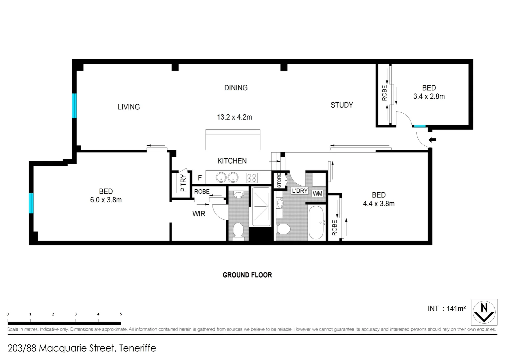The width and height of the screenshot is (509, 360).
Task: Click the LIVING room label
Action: click(x=129, y=107)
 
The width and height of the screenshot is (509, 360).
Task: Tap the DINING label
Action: click(x=236, y=88)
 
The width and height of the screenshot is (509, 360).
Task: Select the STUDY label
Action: click(x=341, y=105)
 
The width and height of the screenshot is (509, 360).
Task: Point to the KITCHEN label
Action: click(x=232, y=161)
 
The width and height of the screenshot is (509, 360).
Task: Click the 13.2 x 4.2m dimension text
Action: click(x=234, y=117)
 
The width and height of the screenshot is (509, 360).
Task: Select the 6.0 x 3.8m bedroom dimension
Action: click(x=106, y=200)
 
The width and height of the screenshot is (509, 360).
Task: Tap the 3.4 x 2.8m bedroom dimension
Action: click(x=429, y=96)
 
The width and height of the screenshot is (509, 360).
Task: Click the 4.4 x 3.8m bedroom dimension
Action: click(x=378, y=204)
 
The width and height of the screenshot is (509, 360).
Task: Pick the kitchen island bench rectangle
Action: click(x=233, y=140)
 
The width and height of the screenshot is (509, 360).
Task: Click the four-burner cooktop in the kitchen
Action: click(x=252, y=178)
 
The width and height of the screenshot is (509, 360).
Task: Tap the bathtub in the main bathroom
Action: click(x=316, y=222)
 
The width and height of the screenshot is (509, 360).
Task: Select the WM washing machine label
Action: click(x=317, y=193)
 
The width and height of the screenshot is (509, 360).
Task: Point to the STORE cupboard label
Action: click(x=279, y=180)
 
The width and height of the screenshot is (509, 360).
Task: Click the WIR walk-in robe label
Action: click(x=199, y=214)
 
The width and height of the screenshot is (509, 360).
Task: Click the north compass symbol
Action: click(x=484, y=312)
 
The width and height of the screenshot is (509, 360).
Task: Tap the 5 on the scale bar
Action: click(x=121, y=314)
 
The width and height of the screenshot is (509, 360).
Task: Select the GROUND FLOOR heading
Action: click(x=247, y=275)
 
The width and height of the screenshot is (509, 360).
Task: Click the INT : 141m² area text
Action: click(x=446, y=309)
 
